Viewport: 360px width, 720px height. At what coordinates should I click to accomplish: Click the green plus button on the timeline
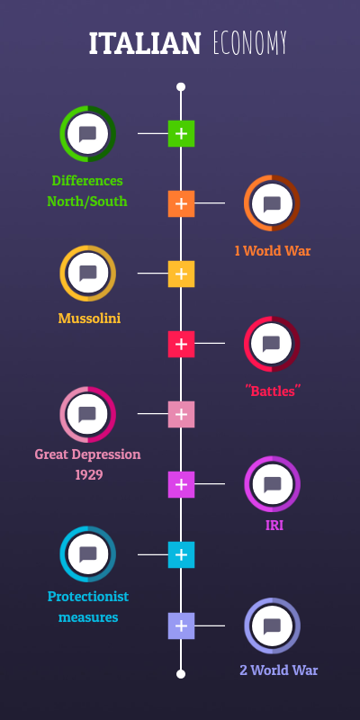181,133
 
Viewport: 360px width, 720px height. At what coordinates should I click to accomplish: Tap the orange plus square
181,204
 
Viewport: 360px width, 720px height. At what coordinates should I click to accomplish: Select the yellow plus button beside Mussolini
181,274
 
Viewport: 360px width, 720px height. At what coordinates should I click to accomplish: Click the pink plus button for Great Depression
181,414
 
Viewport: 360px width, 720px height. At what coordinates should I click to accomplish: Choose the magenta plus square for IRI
181,484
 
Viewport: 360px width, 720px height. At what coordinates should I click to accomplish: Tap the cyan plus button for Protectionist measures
181,554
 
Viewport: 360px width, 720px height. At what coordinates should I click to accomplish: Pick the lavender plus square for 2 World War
181,625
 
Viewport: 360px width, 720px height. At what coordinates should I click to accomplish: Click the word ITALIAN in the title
145,43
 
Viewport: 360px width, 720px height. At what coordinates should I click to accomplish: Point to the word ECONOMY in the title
250,43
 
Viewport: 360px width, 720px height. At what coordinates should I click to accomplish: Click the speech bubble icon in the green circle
87,134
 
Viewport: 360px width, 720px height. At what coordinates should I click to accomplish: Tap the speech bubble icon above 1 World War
272,203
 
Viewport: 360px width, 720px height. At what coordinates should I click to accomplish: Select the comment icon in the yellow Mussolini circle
87,274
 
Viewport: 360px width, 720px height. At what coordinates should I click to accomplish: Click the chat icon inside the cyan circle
87,554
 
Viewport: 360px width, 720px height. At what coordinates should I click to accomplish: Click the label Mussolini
89,318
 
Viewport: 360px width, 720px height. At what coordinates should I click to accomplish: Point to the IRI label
274,526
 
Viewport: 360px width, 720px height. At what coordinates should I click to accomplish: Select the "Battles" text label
273,391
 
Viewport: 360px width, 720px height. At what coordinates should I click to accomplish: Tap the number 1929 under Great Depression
88,475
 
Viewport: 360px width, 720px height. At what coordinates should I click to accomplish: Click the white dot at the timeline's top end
181,86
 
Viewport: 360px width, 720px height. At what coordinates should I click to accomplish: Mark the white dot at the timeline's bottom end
181,674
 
